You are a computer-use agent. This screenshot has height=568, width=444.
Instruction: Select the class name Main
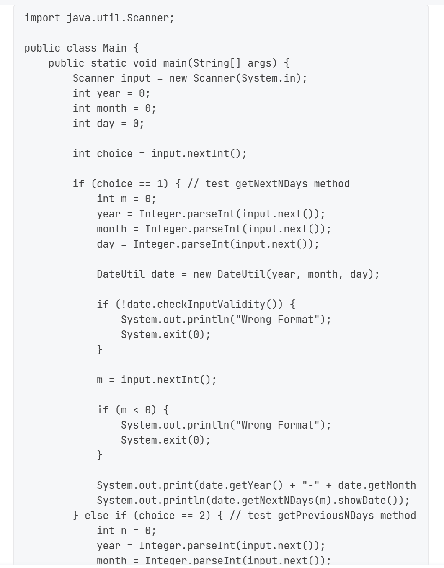(x=114, y=48)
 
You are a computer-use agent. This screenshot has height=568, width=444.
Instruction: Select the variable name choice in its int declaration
(x=114, y=154)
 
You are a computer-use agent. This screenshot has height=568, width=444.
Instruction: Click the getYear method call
(x=256, y=485)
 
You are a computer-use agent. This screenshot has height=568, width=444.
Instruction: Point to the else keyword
(x=96, y=516)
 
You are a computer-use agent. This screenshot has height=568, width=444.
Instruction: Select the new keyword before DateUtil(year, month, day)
(x=202, y=274)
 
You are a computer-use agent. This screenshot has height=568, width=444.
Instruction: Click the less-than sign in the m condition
(x=136, y=410)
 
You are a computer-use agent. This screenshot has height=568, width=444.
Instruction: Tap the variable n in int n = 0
(x=124, y=531)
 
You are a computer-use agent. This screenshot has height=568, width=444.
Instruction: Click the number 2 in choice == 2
(x=205, y=516)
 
